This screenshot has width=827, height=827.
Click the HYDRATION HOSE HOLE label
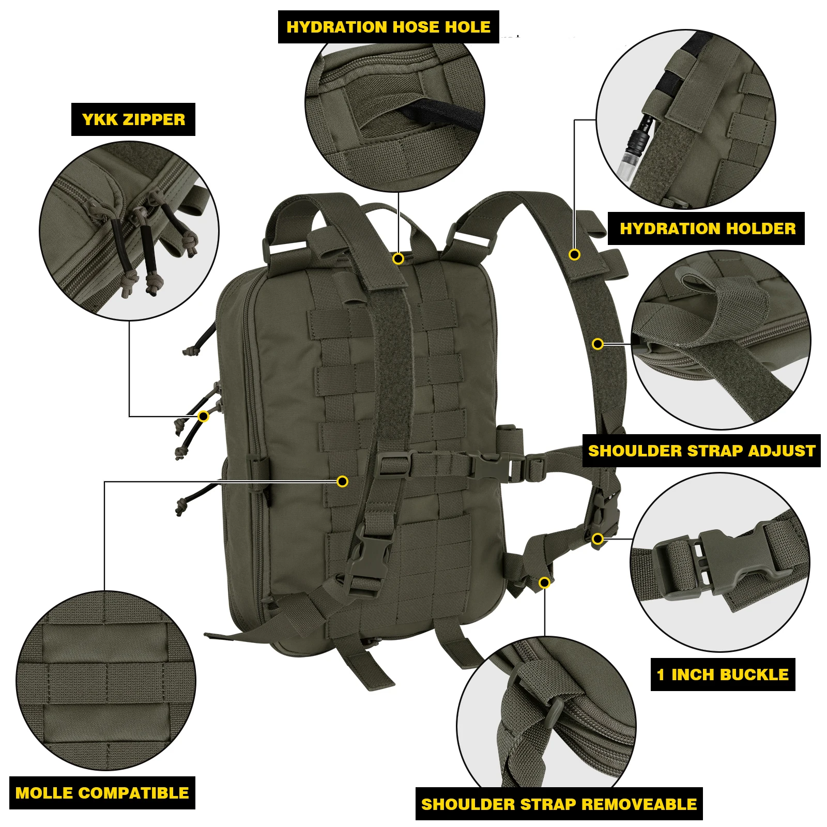click(x=388, y=27)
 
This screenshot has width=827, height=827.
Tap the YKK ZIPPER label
click(x=133, y=119)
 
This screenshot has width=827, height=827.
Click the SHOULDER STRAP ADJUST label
click(x=701, y=451)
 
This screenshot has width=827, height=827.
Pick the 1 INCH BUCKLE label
click(x=722, y=675)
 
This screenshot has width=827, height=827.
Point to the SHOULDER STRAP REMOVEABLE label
click(x=559, y=804)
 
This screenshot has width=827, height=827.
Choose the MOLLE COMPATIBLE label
click(x=102, y=793)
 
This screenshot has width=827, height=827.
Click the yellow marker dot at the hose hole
click(x=398, y=258)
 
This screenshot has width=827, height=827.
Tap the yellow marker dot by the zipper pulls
click(x=204, y=416)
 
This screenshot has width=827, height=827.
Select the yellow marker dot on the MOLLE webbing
click(x=342, y=482)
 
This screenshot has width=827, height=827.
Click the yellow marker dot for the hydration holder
click(x=574, y=254)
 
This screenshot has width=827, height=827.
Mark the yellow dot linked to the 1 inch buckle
click(x=598, y=539)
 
